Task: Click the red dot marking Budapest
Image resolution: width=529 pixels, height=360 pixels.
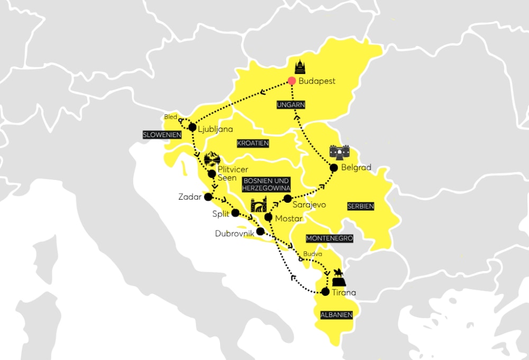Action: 291,81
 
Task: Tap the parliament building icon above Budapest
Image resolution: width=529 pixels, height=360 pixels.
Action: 300,67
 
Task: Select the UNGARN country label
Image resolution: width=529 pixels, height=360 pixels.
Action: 291,105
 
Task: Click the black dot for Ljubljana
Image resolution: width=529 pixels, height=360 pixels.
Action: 192,127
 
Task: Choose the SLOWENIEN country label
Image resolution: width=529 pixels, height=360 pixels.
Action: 162,135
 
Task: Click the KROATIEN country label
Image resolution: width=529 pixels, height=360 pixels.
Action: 253,143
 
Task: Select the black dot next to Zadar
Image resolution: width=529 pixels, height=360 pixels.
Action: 208,197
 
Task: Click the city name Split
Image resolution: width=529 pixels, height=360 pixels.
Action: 221,214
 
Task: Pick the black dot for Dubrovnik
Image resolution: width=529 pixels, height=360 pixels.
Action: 260,231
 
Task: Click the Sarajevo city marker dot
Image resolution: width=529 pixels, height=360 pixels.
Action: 287,199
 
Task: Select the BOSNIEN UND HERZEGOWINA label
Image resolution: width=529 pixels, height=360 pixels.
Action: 267,185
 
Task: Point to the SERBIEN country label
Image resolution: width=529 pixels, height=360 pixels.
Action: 361,205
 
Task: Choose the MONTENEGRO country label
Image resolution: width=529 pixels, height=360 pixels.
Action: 330,239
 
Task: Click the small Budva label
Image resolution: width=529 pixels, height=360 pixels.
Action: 312,254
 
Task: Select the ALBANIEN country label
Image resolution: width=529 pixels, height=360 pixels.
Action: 336,314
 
